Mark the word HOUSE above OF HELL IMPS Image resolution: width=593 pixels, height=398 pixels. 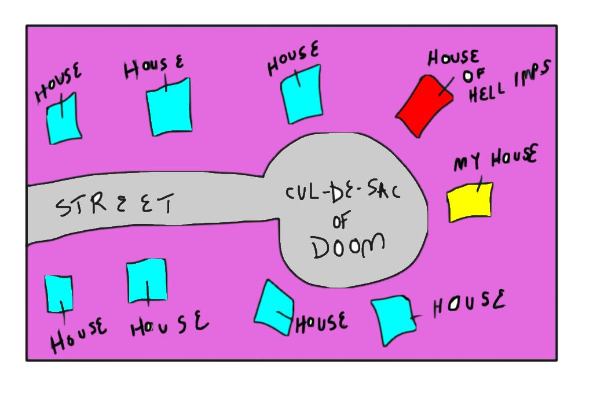[x=453, y=58]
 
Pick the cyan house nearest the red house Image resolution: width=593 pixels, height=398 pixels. [x=301, y=93]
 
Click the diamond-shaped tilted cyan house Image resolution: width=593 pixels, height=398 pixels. [x=273, y=307]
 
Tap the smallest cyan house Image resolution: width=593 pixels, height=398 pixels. [x=58, y=293]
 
